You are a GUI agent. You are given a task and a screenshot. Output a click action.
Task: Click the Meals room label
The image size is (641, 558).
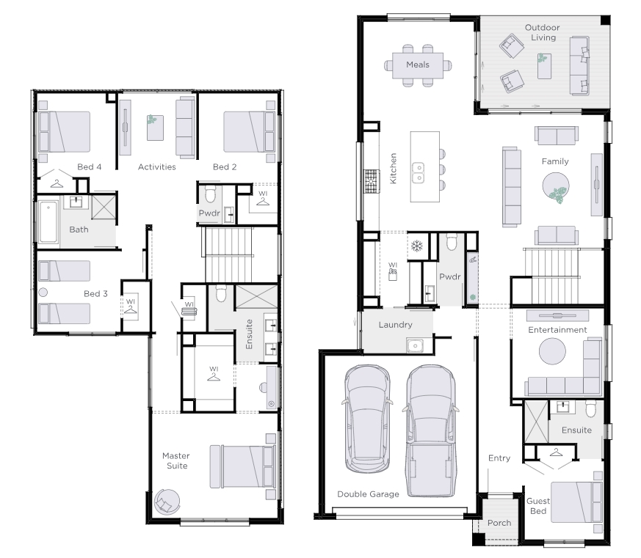pos(417,65)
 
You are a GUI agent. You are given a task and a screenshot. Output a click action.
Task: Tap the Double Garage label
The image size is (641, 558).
pos(368,494)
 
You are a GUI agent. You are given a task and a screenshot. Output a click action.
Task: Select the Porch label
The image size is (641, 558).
pos(499,523)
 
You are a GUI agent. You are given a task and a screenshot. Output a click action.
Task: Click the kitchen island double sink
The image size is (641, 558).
pos(418,173)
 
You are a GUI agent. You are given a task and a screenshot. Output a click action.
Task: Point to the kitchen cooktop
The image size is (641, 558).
pos(372,181)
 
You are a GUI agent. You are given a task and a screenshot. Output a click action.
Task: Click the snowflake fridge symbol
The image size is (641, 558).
pos(416,246)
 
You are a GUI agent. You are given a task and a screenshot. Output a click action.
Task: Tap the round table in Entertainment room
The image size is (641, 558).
pos(552,350)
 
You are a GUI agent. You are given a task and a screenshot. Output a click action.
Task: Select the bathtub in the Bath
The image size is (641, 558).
pos(48,221)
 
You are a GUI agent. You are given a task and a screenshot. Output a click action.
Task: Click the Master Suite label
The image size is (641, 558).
pos(176,460)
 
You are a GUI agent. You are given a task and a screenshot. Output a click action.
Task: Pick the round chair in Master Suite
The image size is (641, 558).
pos(167,502)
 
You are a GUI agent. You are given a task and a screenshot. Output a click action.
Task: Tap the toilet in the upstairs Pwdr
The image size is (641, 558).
pos(210,194)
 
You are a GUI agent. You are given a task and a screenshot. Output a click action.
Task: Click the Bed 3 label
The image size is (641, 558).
pos(95,293)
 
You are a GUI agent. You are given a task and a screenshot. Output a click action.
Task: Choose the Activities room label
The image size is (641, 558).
pos(157,166)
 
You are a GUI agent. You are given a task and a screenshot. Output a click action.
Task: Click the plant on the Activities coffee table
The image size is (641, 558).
pos(152,120)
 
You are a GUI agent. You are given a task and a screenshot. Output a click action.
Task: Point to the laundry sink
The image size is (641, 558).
pos(416,345)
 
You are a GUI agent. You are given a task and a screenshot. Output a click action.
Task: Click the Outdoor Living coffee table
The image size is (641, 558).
pos(543,66)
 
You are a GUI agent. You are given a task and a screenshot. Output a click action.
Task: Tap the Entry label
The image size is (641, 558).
pos(499,458)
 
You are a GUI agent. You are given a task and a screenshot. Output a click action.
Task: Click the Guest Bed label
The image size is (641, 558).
pos(538,506)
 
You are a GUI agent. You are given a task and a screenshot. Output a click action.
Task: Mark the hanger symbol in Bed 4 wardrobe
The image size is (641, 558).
pos(57,184)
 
